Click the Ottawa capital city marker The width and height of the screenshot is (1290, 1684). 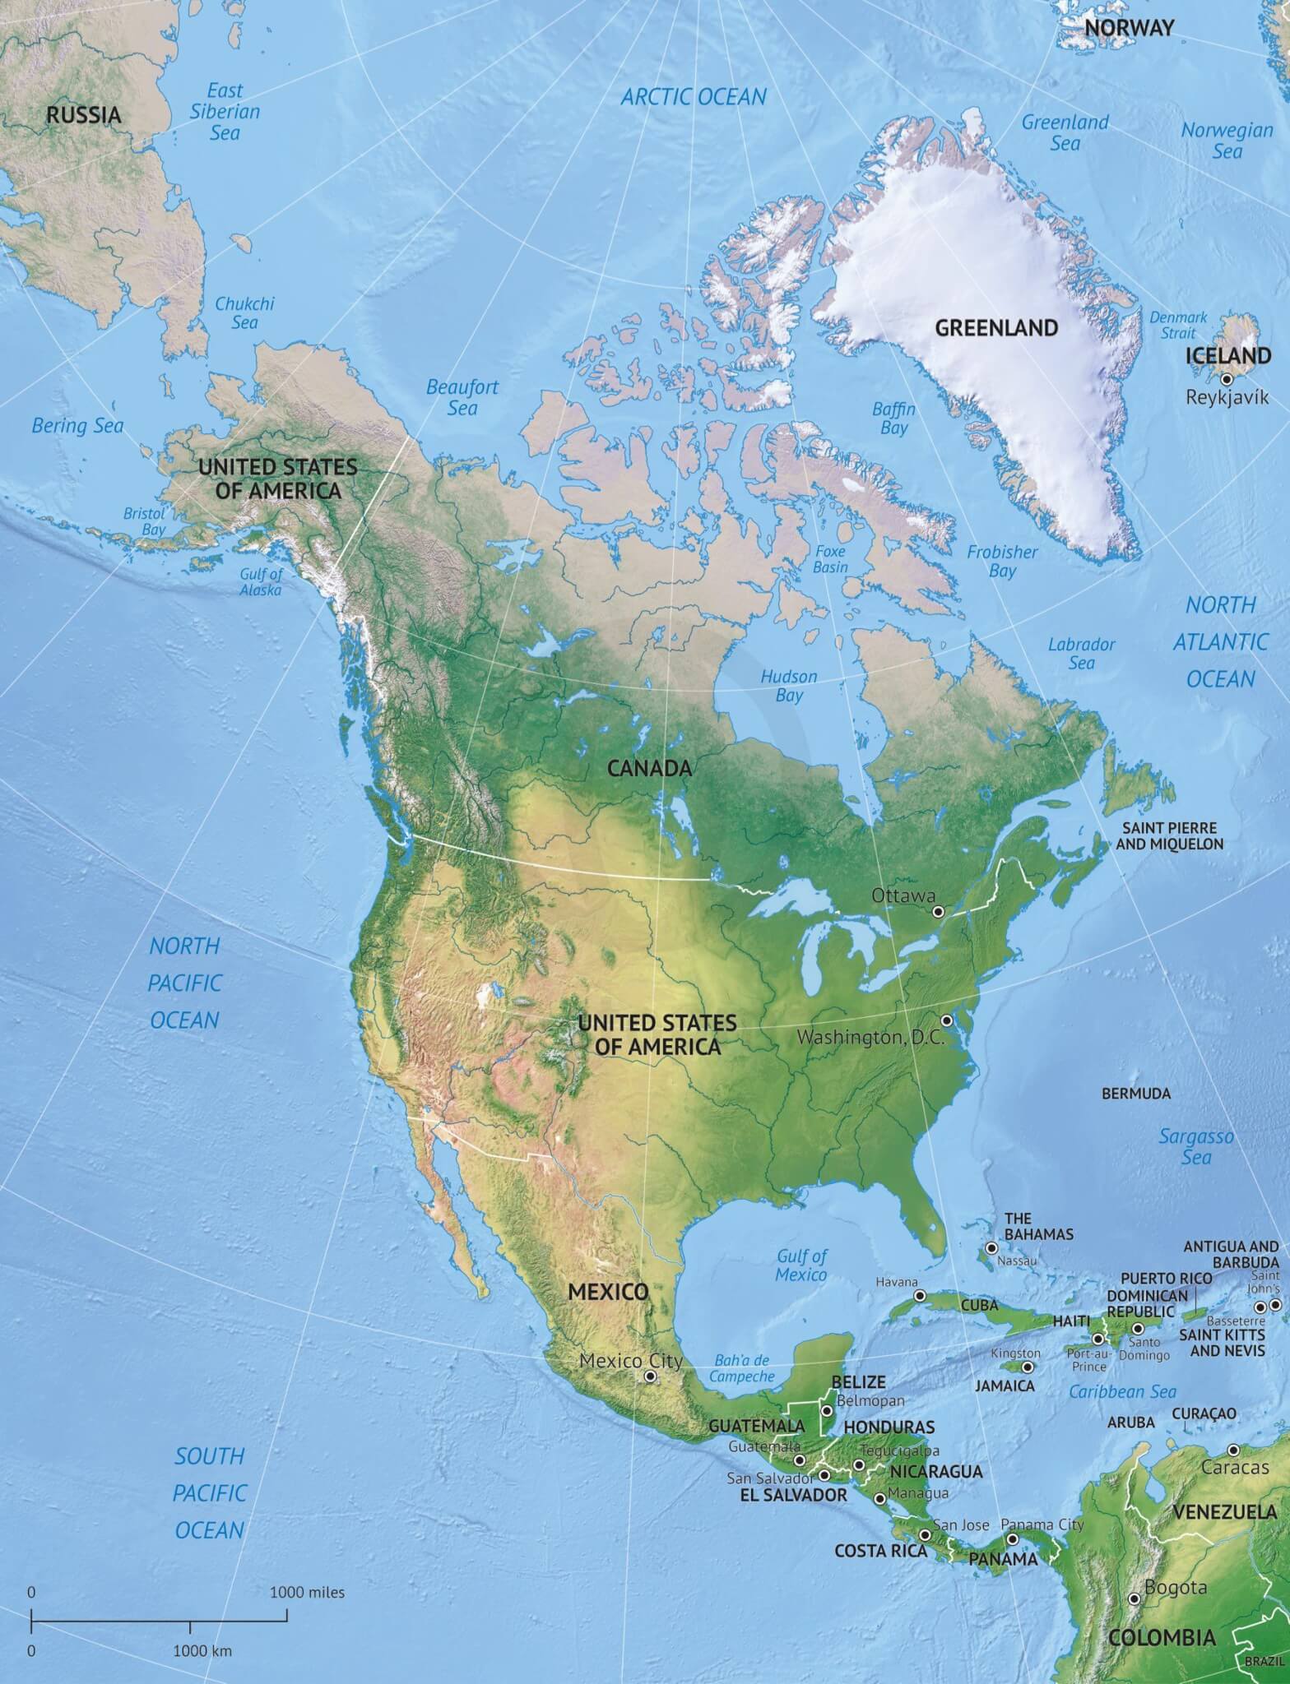(x=937, y=912)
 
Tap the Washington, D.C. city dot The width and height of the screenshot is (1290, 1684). (x=946, y=1020)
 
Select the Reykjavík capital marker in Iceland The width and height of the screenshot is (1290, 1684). (x=1226, y=379)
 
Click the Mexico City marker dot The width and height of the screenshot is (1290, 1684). (x=651, y=1376)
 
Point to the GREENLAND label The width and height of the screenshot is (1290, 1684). (x=995, y=327)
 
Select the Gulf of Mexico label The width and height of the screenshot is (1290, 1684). (x=802, y=1265)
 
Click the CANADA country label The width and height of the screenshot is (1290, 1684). (x=649, y=769)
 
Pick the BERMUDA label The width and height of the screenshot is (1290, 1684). (x=1135, y=1094)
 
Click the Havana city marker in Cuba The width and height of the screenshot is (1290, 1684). (x=920, y=1296)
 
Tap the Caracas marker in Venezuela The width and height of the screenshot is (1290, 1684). (x=1233, y=1450)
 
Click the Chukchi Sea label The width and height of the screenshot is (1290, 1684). (x=244, y=312)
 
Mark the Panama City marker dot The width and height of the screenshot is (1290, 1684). (x=1013, y=1538)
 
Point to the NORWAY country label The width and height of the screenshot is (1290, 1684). (x=1128, y=28)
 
